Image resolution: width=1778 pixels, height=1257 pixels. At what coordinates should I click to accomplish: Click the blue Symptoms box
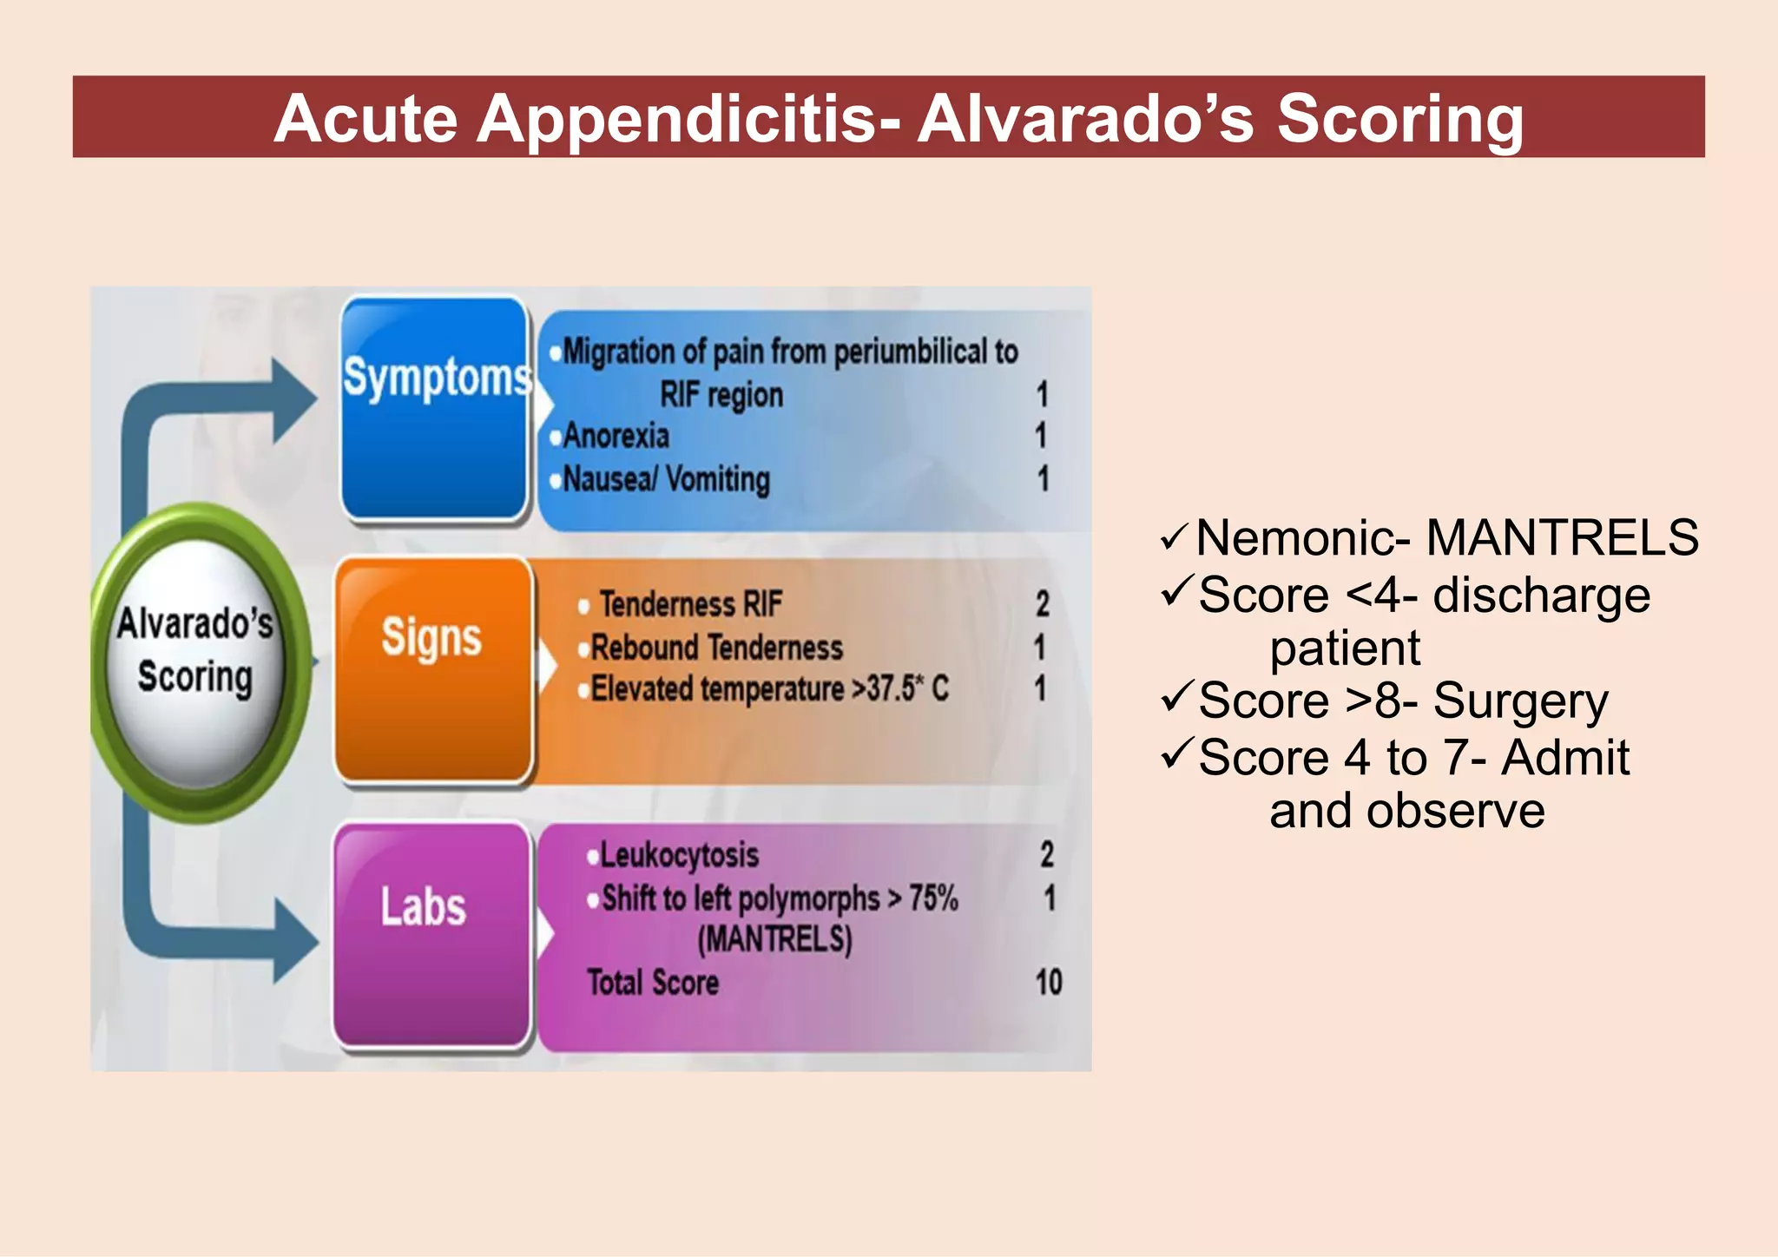[434, 408]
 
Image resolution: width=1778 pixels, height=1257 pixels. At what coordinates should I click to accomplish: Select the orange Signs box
[432, 670]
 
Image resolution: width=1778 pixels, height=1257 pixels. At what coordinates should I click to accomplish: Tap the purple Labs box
[431, 935]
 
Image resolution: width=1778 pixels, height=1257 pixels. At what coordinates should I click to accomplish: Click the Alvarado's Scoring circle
[196, 651]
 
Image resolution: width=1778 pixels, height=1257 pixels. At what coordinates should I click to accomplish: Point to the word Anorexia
[616, 436]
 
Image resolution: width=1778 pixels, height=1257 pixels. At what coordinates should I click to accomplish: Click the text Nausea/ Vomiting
[666, 479]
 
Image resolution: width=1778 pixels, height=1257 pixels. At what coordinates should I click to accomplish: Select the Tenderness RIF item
[691, 604]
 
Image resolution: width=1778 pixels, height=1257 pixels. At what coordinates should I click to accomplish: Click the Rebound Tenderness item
[716, 648]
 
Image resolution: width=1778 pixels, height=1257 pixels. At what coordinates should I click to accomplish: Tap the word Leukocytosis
[679, 856]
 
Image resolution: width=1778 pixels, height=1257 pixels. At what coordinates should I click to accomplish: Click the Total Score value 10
[1048, 983]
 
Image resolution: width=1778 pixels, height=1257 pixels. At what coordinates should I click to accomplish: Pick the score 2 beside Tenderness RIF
[1043, 604]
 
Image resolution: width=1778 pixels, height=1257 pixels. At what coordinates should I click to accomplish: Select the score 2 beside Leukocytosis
[1047, 855]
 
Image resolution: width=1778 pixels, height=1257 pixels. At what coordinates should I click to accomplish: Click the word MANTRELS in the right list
[1562, 538]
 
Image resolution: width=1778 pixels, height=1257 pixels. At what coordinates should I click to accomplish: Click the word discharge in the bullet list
[1541, 596]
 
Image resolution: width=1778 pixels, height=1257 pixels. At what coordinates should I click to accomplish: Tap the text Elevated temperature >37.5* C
[769, 689]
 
